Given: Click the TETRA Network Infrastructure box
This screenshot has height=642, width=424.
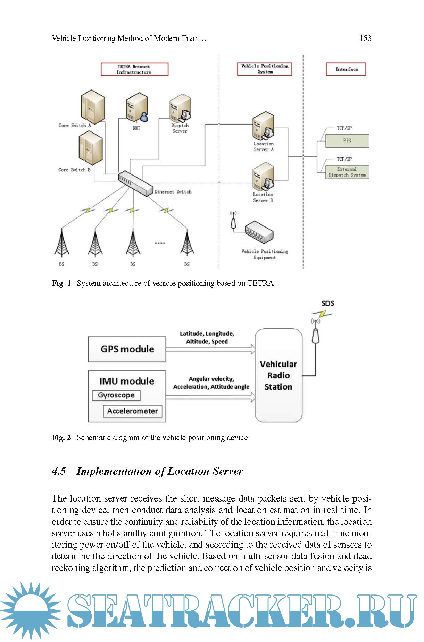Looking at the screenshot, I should pos(134,69).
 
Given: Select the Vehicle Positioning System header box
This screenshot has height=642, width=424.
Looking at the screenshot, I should pos(265,69).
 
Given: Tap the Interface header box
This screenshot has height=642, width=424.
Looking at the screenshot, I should pos(346,69).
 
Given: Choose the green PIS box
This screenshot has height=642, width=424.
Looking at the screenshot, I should pos(347,141).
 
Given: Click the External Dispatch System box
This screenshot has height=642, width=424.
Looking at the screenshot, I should pos(347,172).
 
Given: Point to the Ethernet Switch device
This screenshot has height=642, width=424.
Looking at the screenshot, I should pos(135,182).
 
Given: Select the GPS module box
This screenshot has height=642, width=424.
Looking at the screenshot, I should pos(127,349).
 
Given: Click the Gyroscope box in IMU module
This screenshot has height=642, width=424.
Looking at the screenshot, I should pos(116,395).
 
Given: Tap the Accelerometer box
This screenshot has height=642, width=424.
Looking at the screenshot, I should pos(133,411).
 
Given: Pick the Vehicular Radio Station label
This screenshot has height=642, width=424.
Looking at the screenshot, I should pos(278,375).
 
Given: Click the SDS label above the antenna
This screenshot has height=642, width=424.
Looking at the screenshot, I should pos(328,303).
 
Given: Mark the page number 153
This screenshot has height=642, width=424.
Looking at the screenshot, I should pos(365,38).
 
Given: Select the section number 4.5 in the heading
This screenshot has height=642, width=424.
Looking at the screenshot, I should pos(59,471).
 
